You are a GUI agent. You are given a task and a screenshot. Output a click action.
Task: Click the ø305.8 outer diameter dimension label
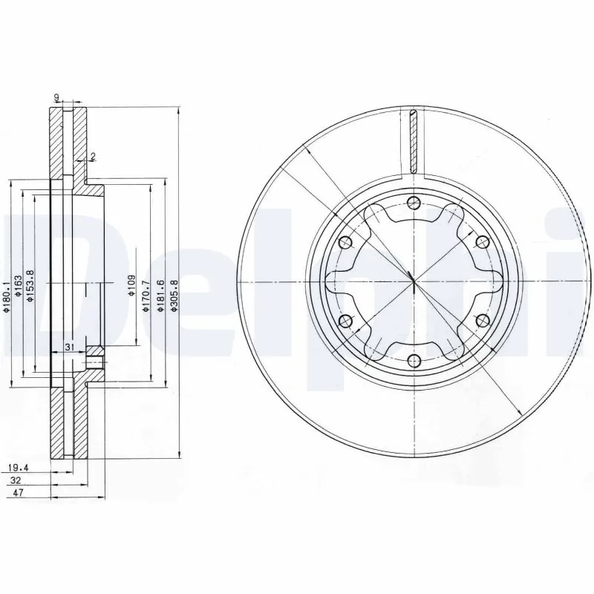[x=174, y=295]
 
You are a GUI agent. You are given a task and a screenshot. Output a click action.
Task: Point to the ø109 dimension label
[x=131, y=284]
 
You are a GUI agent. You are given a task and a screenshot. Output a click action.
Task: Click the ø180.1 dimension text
[x=7, y=295]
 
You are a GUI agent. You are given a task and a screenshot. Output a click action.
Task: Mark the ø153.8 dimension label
[x=30, y=284]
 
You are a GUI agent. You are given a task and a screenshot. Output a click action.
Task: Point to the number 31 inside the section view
[x=68, y=347]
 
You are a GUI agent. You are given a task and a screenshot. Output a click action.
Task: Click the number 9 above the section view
[x=56, y=97]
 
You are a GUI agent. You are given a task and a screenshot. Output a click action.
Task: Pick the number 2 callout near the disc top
[x=93, y=156]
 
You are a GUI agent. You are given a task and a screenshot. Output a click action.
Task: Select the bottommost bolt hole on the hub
[x=414, y=362]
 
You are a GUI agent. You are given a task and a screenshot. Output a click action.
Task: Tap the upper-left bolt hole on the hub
[x=345, y=242]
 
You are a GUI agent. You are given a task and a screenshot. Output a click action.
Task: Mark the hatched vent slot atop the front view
[x=414, y=140]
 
